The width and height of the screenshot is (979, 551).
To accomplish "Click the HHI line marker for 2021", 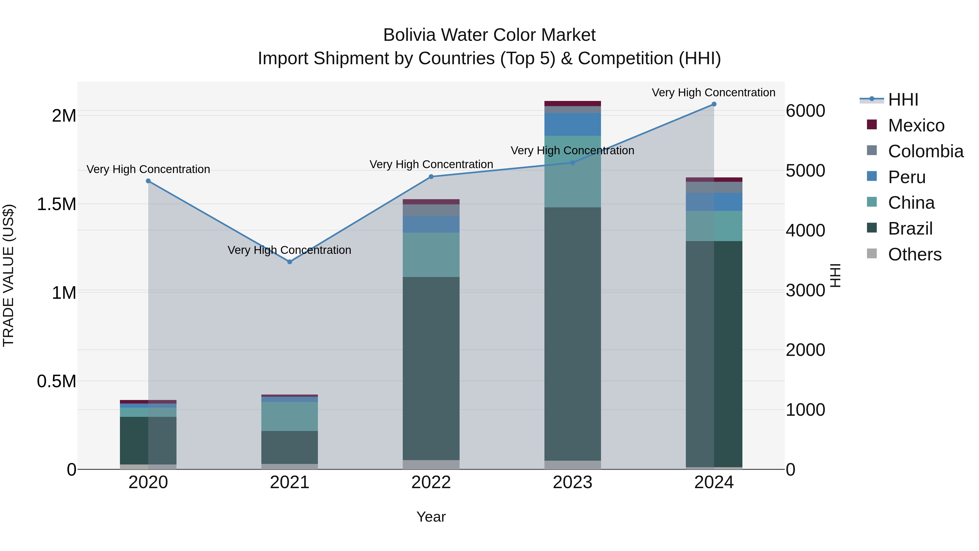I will (290, 261).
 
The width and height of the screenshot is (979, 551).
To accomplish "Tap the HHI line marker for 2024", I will (714, 104).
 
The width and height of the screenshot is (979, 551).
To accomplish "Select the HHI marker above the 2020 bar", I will (148, 181).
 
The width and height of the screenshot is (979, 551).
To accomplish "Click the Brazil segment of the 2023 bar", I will (572, 335).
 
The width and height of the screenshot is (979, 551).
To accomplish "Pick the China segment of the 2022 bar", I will (431, 255).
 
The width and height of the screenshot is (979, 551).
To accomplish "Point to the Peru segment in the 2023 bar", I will (572, 124).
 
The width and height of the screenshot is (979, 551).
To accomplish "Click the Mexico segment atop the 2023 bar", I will (572, 103).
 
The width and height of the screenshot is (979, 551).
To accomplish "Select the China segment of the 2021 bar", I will (290, 416).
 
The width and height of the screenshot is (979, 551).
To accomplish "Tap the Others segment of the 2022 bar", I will (431, 465).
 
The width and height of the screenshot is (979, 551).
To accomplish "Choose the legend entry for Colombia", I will (925, 151).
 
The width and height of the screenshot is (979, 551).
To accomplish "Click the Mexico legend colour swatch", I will (872, 125).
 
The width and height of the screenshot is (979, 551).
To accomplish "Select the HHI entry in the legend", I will (903, 100).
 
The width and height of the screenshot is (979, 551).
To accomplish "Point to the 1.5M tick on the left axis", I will (57, 204).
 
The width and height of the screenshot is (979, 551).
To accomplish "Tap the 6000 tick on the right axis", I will (805, 111).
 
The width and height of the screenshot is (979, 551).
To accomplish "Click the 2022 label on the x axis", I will (431, 482).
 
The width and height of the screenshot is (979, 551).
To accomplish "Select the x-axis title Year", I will (431, 517).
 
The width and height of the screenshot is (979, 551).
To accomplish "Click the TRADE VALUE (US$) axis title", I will (9, 275).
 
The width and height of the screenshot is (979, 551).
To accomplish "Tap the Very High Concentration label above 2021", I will (290, 250).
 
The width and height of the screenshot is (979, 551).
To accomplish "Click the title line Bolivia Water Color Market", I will (489, 35).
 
